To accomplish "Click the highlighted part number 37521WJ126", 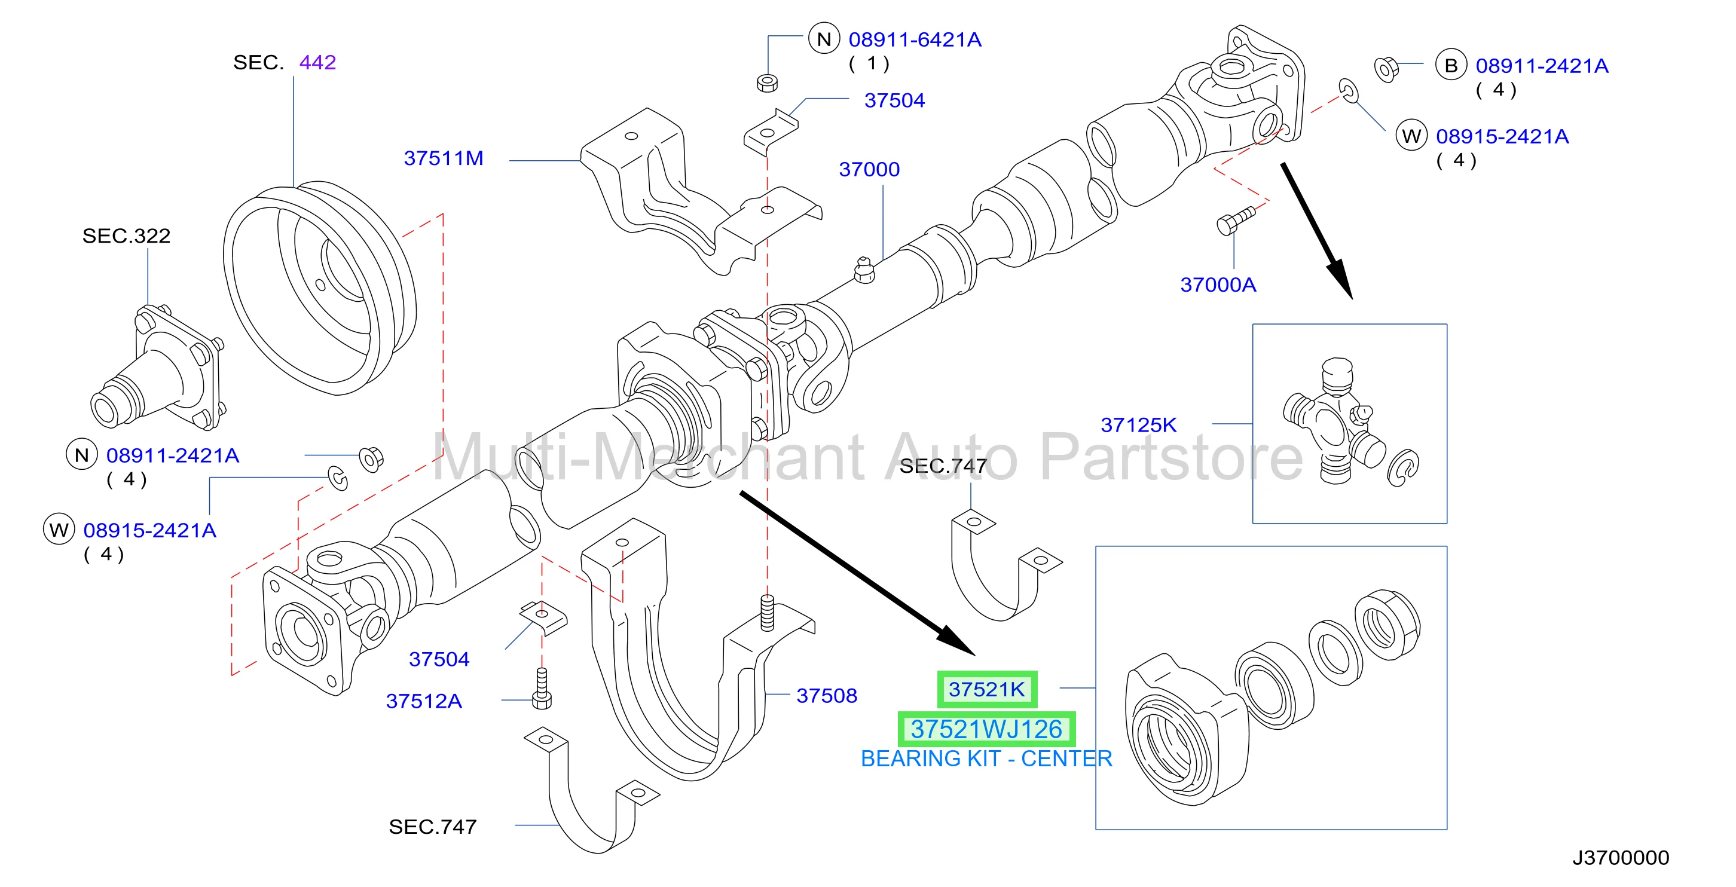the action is pos(986,729).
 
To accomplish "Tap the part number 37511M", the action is pos(444,158).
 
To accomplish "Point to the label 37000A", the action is pos(1218,285).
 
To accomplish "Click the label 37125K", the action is pos(1138,424).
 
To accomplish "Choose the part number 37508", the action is pos(826,695).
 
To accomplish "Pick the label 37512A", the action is pos(424,701).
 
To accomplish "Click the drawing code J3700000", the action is pos(1621,857).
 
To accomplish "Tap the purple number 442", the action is pos(317,62).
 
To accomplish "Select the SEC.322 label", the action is pos(126,235).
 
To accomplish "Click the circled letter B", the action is pos(1451,65).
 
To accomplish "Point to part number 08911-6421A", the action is pos(915,40).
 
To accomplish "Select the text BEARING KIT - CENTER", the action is pos(986,759).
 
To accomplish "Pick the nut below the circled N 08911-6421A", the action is pos(768,82).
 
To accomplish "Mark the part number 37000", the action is pos(869,169).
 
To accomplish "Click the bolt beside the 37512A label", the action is pos(542,688).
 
